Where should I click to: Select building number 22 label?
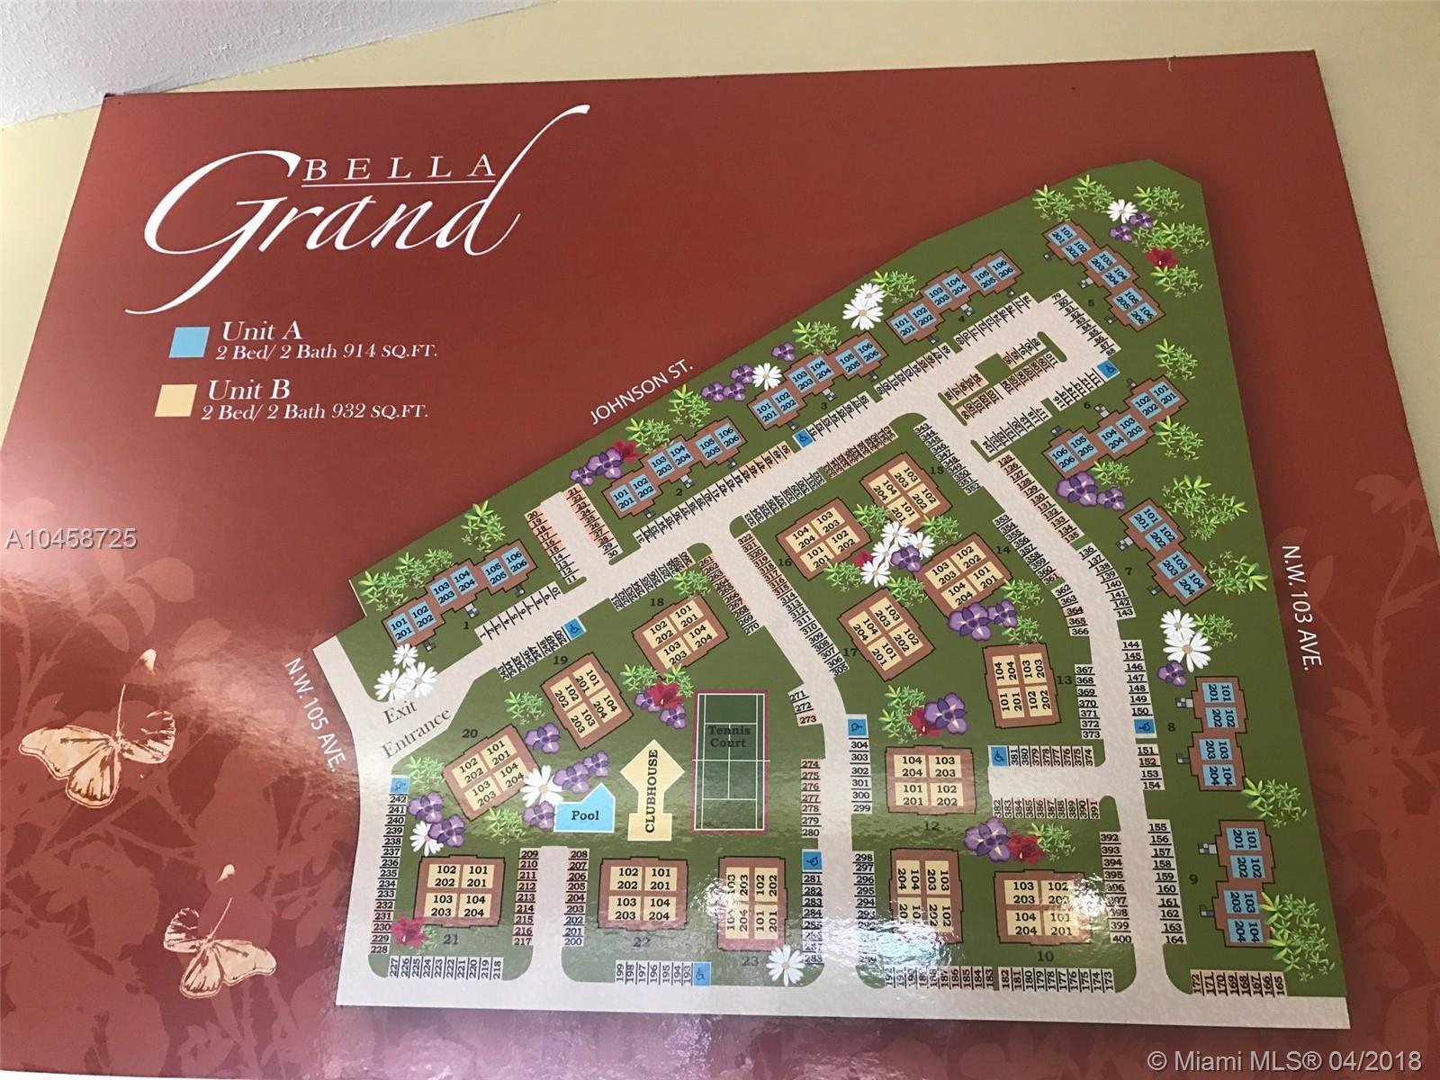(642, 942)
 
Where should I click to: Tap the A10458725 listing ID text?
(69, 538)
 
